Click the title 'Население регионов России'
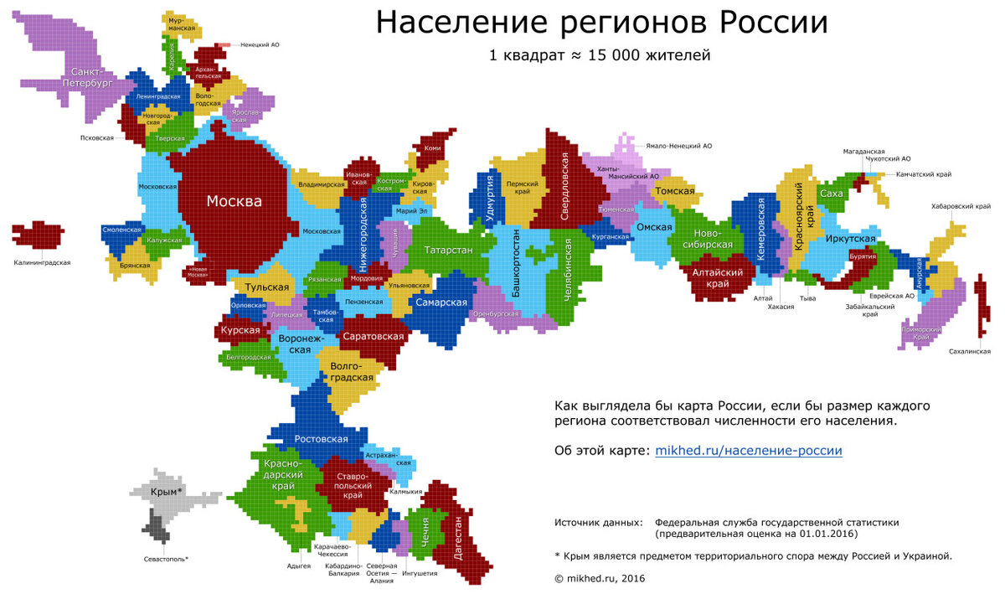pos(601,23)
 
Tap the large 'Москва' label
pos(234,202)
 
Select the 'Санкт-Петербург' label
pos(91,78)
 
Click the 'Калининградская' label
pos(42,262)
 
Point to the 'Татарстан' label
pos(448,251)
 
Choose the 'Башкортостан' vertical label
pos(515,263)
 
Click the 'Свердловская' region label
pos(565,189)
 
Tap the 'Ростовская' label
pos(321,439)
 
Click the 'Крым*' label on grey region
pos(167,492)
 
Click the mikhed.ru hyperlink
pos(748,451)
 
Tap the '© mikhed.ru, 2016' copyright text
pos(600,578)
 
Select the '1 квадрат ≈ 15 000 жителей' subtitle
pos(600,56)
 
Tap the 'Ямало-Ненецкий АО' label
pos(678,146)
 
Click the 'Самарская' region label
pos(441,302)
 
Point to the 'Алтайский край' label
pos(718,278)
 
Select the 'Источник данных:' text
pos(599,522)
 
